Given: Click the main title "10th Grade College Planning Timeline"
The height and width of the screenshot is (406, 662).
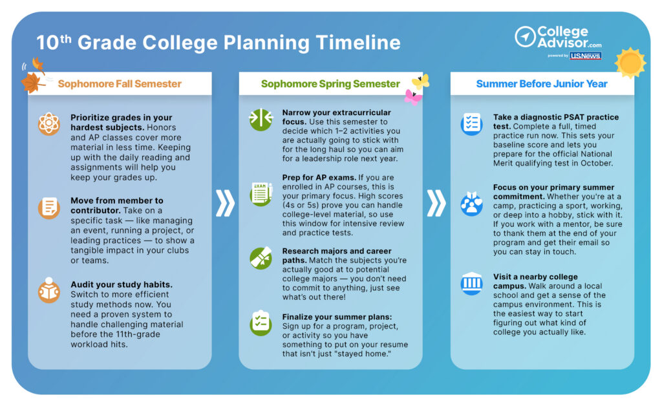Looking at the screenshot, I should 218,43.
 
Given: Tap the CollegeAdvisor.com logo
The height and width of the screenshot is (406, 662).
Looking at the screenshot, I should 558,36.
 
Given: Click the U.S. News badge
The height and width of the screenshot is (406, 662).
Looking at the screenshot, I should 585,56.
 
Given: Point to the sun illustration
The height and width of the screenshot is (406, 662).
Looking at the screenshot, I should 630,63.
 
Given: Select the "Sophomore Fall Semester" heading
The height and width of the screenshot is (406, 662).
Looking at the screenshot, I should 120,83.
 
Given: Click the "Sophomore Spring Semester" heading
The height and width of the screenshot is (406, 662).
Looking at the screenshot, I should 330,83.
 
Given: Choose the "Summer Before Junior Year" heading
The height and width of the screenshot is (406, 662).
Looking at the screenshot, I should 542,83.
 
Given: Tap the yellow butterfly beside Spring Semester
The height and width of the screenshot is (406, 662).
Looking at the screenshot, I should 421,81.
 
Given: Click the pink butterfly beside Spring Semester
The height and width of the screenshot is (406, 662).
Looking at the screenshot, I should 412,97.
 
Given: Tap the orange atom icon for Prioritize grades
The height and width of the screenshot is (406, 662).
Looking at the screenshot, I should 49,123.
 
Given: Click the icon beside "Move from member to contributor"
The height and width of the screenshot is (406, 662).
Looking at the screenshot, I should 49,207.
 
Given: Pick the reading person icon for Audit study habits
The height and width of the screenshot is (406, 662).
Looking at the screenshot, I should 49,290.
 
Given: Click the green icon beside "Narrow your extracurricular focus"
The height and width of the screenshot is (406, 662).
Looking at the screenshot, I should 261,120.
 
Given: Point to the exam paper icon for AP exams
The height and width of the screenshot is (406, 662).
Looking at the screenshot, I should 261,194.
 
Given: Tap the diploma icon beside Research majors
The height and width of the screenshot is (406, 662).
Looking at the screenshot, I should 261,258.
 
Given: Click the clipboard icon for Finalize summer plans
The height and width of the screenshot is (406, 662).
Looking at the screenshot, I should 261,323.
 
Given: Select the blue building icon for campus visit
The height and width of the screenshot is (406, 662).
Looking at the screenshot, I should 471,283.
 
